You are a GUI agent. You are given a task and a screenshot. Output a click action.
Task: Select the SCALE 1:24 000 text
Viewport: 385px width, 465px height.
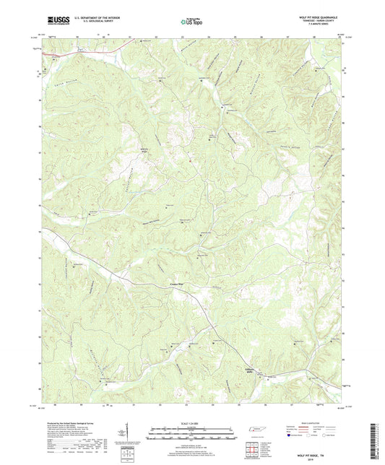(x=191, y=424)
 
